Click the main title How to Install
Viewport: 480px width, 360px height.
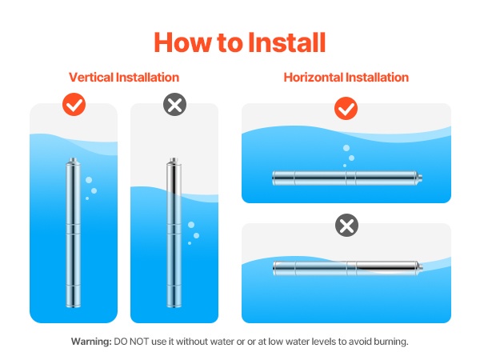point(240,42)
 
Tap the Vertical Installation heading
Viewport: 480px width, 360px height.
point(124,77)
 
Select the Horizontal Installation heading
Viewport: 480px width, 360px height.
point(346,77)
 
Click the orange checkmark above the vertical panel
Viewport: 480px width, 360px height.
point(74,104)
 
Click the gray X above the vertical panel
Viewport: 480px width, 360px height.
point(174,104)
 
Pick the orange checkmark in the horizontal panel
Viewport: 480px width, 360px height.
point(346,108)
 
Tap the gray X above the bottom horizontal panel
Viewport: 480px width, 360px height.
point(346,226)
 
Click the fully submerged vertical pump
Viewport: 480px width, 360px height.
point(73,233)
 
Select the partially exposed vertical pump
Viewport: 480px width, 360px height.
point(174,233)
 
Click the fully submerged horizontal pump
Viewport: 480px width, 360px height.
point(347,178)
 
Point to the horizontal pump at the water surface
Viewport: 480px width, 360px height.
point(347,268)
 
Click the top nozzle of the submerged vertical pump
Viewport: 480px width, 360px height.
point(73,161)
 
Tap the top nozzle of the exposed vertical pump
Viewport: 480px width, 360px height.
point(174,161)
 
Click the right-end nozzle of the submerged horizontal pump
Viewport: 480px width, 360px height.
point(420,178)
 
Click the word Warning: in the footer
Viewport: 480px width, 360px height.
point(91,342)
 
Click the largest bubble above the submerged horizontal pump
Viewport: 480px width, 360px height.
point(346,148)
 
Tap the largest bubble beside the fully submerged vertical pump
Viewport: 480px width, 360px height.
point(89,180)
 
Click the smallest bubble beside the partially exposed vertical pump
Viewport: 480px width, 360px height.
point(190,243)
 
